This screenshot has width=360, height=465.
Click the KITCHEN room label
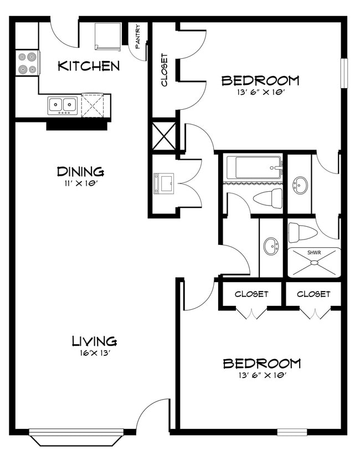coord(89,66)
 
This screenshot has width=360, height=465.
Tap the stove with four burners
coord(27,63)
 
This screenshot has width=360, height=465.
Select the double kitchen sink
coord(61,104)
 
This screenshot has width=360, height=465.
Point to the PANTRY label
coord(137,36)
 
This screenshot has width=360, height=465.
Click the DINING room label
coord(80,171)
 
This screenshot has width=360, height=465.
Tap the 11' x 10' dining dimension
coord(81,182)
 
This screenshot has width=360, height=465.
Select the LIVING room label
coord(94,340)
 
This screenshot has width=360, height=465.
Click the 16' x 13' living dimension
coord(94,352)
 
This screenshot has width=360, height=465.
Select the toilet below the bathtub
coord(268,197)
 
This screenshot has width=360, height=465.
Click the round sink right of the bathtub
coord(300,183)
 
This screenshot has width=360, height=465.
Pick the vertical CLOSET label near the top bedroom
coord(164,70)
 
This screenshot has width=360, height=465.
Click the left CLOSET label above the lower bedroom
coord(251,294)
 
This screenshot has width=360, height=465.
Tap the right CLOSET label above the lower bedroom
coord(313,294)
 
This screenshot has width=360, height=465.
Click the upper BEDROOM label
coord(260,80)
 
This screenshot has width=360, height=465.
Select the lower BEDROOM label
coord(261,364)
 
